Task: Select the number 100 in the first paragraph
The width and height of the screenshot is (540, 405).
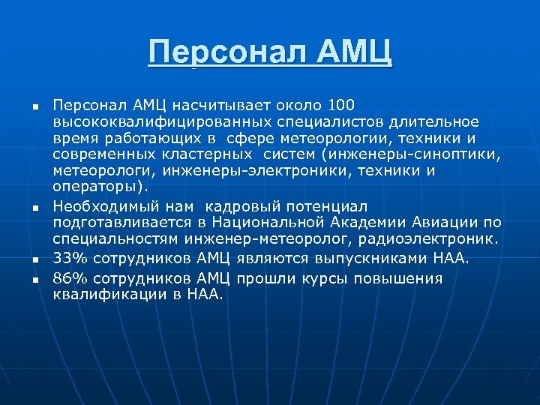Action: (341, 105)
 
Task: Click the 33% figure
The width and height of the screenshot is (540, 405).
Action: (68, 259)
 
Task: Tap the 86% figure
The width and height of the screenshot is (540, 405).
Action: (68, 278)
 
